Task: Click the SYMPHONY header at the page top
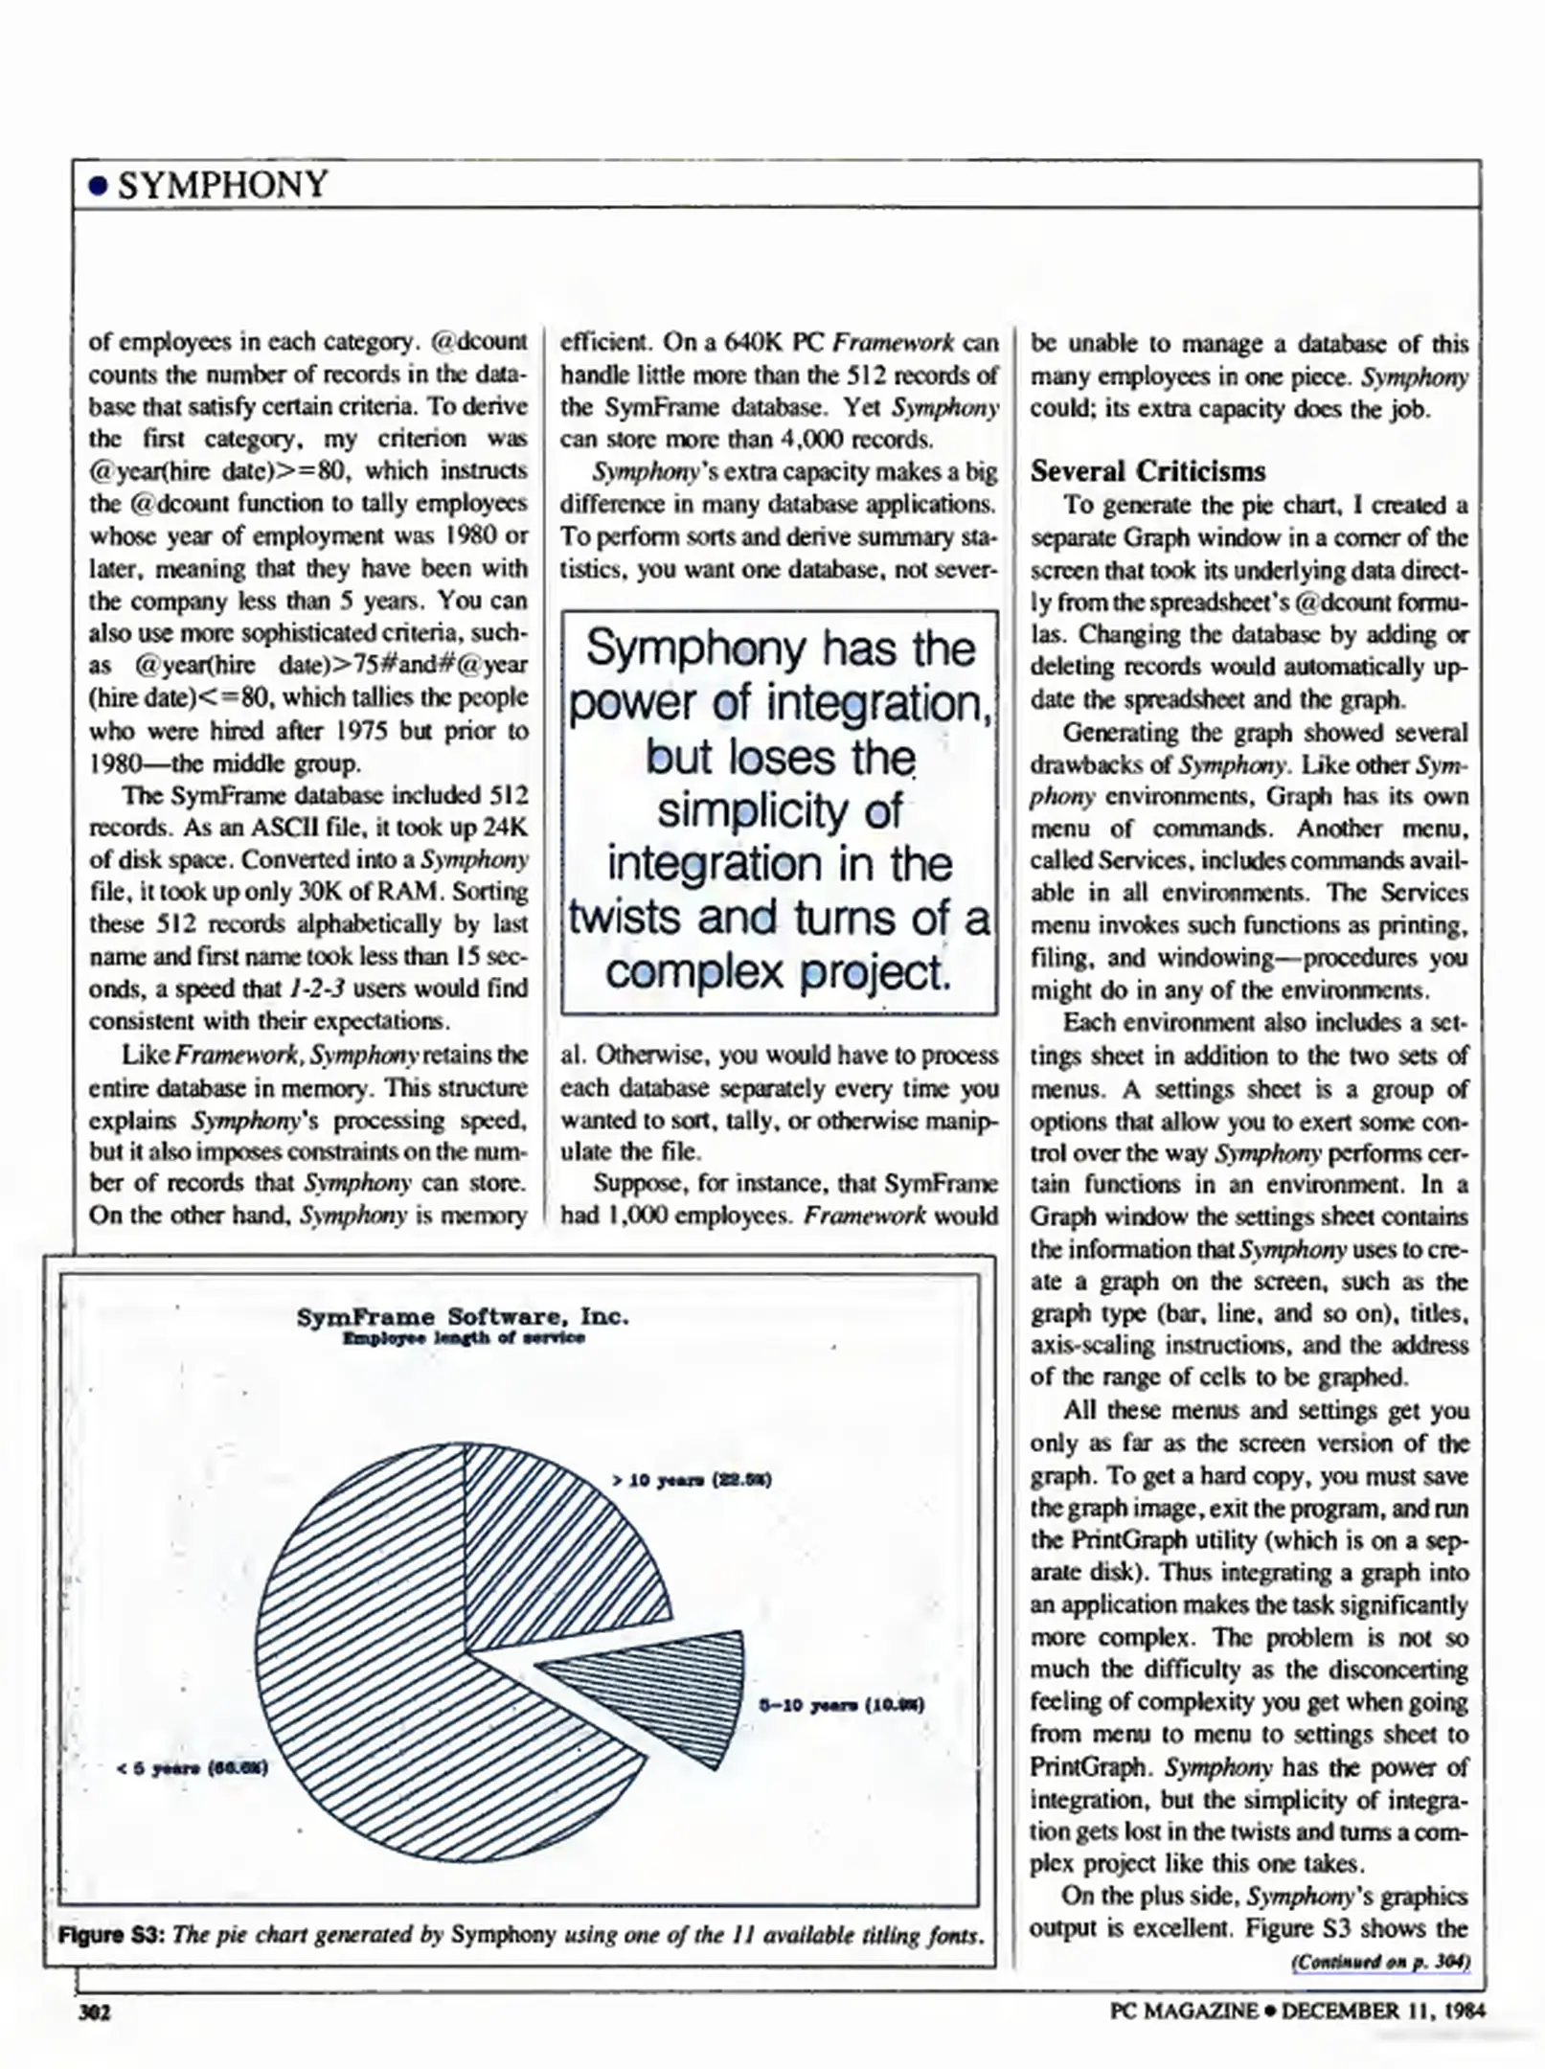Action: [x=222, y=184]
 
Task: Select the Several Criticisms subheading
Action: [x=1147, y=471]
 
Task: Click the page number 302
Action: [x=94, y=2012]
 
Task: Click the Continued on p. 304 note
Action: [x=1379, y=1963]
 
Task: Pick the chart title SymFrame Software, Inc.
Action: [x=463, y=1316]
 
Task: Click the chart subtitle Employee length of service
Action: [x=464, y=1338]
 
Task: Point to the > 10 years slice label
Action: [x=692, y=1480]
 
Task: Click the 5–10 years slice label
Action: [x=841, y=1705]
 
